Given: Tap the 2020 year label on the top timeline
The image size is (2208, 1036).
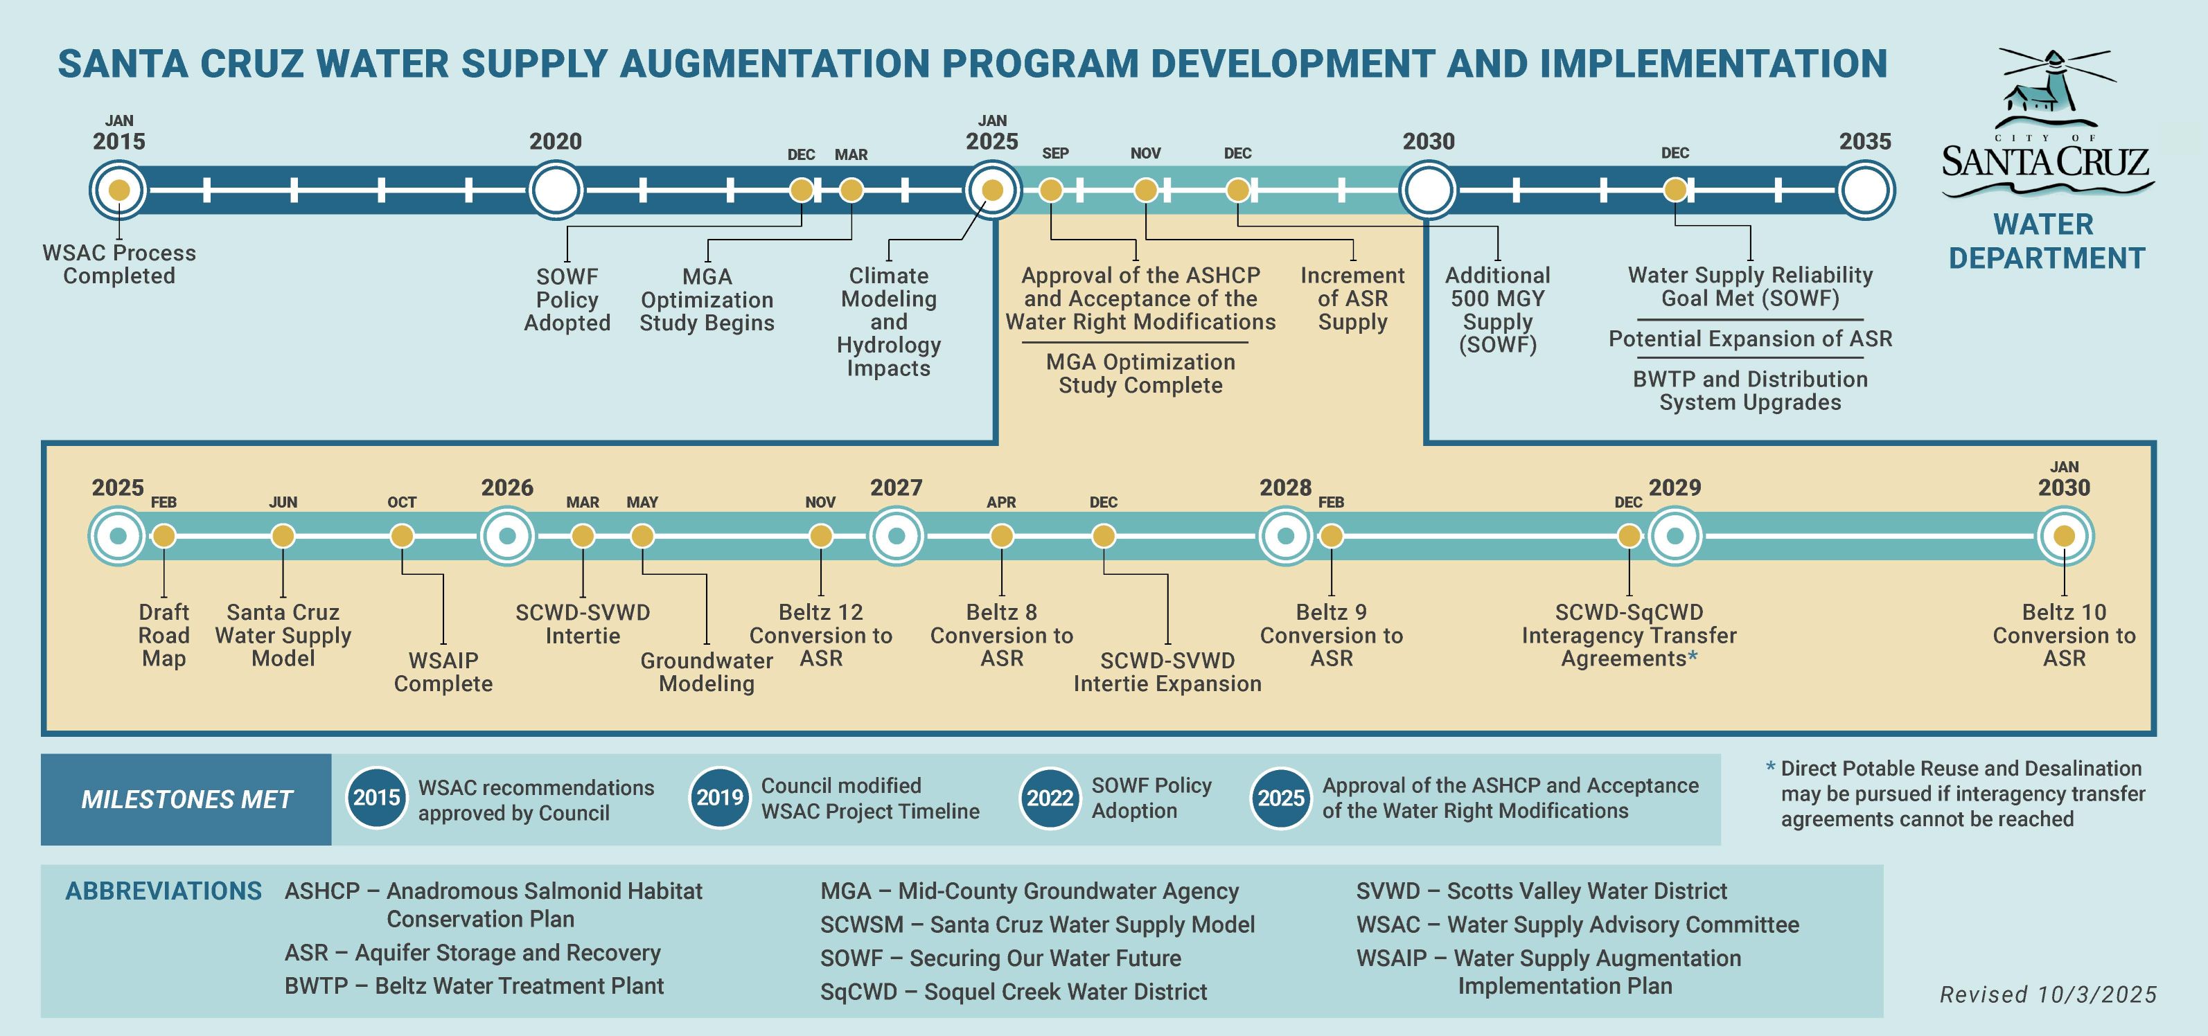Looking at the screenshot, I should (x=556, y=141).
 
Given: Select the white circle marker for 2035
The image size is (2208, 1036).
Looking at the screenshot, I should (x=1866, y=190).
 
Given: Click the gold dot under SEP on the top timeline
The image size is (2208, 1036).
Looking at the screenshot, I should (x=1051, y=190).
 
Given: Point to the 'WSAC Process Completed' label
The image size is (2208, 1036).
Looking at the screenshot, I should (x=119, y=264).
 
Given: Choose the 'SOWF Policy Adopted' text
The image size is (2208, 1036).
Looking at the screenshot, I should (x=567, y=300).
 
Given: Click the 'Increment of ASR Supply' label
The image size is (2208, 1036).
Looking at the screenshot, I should (x=1352, y=298).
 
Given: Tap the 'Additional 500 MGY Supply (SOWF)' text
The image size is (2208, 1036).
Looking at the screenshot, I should (x=1497, y=310).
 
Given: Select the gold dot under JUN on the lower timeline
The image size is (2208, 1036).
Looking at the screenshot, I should (x=283, y=537).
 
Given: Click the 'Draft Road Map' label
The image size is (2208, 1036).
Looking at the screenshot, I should (x=164, y=635).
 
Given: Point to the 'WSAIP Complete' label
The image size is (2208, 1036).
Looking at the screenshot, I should (x=443, y=672).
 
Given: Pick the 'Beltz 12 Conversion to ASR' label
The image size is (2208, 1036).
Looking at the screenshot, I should (x=820, y=635).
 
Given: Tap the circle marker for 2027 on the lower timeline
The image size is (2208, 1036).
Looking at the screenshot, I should (x=897, y=537).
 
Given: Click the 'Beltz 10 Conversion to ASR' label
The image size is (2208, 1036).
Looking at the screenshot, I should (x=2064, y=635).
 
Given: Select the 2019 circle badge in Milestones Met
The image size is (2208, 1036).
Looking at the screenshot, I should (x=719, y=798).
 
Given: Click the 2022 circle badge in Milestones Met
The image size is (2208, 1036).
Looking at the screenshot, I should (x=1050, y=798).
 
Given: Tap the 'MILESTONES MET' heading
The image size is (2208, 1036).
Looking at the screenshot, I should (x=187, y=799).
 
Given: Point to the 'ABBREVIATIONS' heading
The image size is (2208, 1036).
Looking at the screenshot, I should (x=164, y=891).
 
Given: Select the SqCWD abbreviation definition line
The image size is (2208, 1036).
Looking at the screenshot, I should (x=1013, y=992).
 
